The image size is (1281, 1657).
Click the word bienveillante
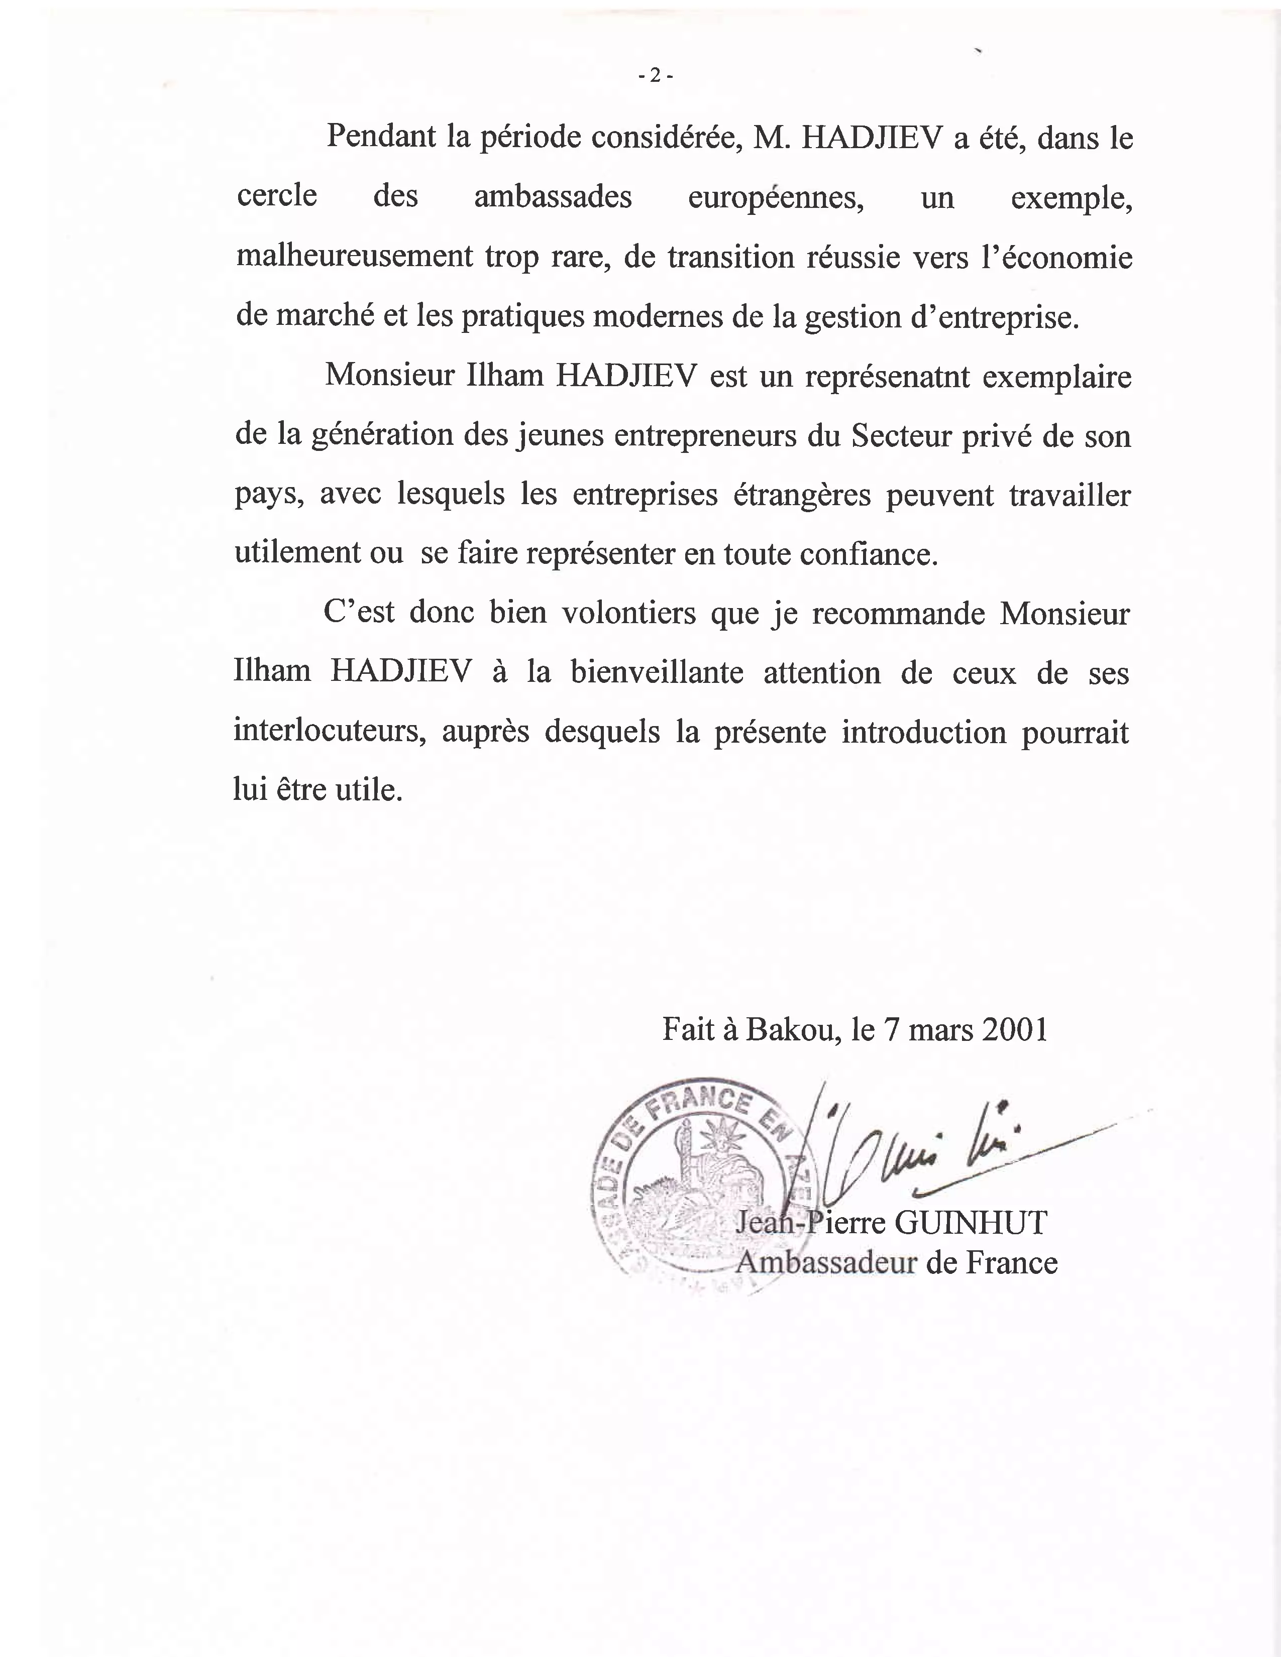[x=657, y=673]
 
